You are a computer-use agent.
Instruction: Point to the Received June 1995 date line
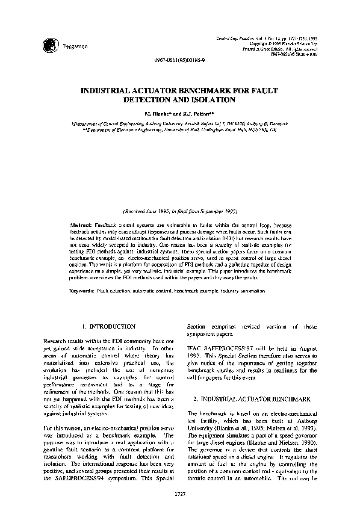click(180, 212)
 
